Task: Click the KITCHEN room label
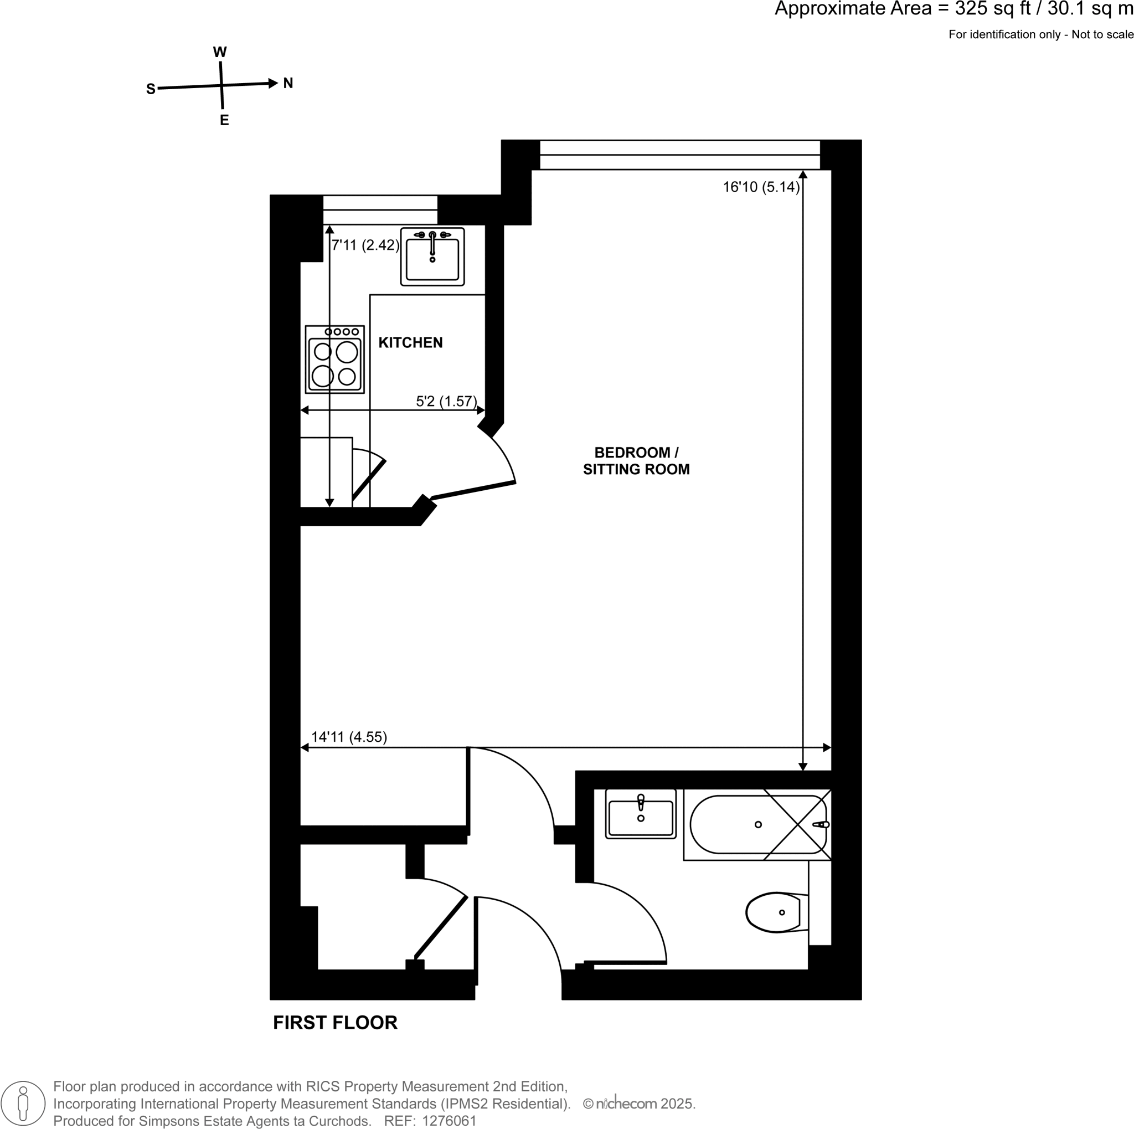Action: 410,342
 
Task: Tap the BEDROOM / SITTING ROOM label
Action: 636,461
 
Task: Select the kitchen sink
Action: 432,257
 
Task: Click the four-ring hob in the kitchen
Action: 334,360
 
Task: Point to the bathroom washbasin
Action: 641,814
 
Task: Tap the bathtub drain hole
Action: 759,824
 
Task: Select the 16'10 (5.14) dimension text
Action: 761,187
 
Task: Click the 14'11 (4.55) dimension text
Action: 349,737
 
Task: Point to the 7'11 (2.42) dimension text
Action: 365,245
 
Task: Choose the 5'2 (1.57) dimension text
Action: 446,401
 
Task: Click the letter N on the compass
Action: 288,83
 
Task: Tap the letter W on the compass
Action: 219,52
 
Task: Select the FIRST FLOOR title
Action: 335,1022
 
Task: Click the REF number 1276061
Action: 449,1120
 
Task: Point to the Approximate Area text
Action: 953,9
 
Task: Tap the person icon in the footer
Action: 23,1103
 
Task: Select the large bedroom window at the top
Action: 680,155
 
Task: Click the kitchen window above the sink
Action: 380,209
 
